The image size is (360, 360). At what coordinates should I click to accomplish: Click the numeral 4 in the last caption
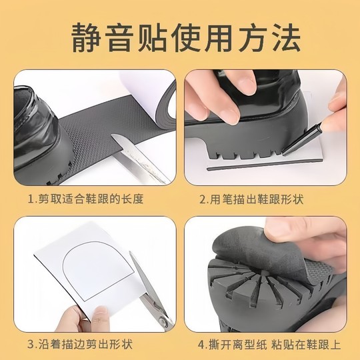[200, 345]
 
